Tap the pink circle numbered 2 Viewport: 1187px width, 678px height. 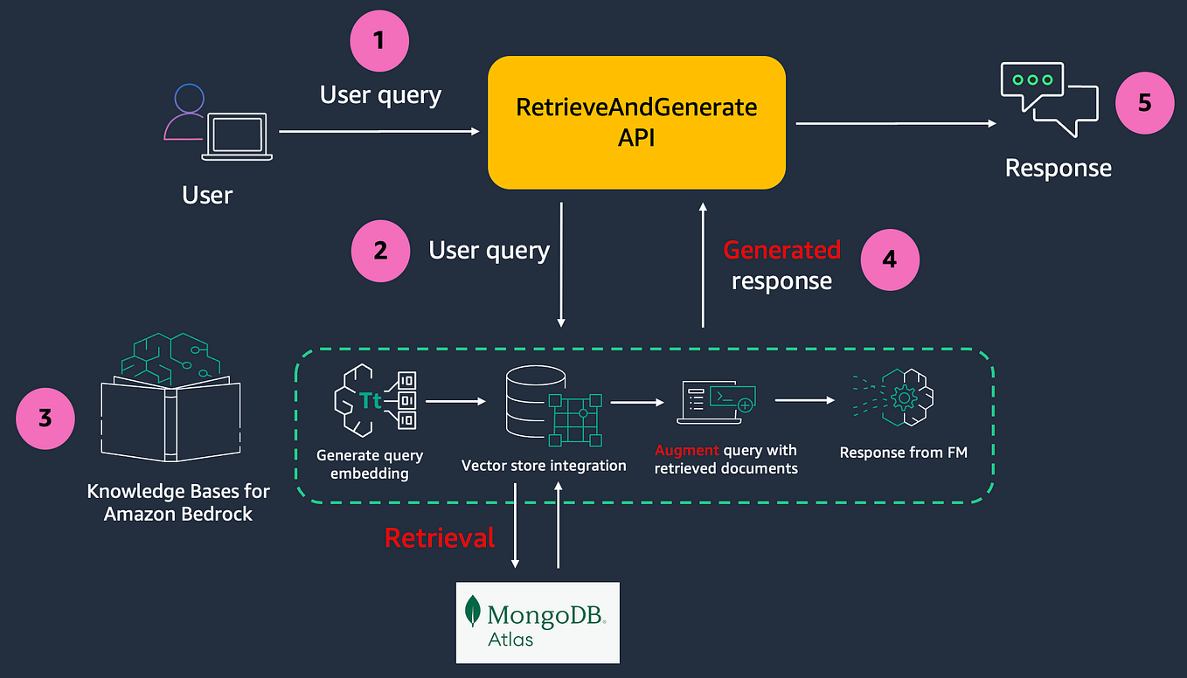(380, 252)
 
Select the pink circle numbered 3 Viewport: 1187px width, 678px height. (45, 419)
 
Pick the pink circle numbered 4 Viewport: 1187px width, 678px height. (889, 260)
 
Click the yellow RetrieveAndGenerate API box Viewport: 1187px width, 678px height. (636, 122)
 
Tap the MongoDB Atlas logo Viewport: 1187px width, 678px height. (538, 622)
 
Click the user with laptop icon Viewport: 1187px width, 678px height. (217, 125)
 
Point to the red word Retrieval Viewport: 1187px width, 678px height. (440, 537)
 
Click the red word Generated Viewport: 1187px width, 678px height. (781, 250)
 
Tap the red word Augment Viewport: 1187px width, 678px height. (687, 451)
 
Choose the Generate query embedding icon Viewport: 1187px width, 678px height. (374, 401)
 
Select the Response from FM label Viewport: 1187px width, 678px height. (903, 453)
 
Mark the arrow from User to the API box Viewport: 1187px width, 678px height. (378, 131)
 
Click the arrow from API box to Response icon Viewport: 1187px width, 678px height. (895, 124)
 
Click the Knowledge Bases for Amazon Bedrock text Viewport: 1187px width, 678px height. (178, 502)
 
